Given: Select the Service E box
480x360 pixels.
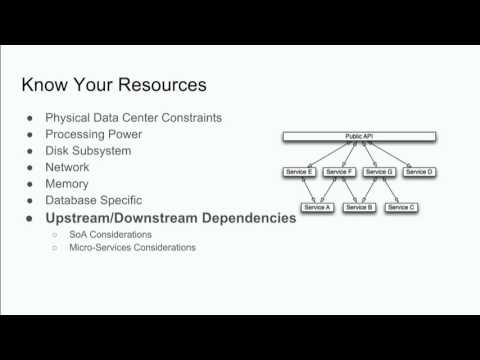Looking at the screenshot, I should point(300,172).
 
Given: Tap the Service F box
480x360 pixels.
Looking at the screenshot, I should point(340,172).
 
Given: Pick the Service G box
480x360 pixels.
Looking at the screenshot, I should point(379,172).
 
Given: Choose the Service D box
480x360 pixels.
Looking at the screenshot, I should point(419,172).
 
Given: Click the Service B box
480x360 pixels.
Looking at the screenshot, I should point(358,207).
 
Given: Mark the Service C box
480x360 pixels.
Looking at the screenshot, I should point(400,207).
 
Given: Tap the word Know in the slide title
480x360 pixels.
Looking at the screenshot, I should point(44,83).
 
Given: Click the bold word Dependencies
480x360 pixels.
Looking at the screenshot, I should point(243,217).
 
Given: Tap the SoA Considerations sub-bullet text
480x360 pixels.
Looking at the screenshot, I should point(110,234).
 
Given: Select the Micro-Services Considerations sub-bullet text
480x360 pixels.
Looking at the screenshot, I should point(132,247).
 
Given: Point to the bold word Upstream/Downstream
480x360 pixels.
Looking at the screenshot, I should point(117,217).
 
